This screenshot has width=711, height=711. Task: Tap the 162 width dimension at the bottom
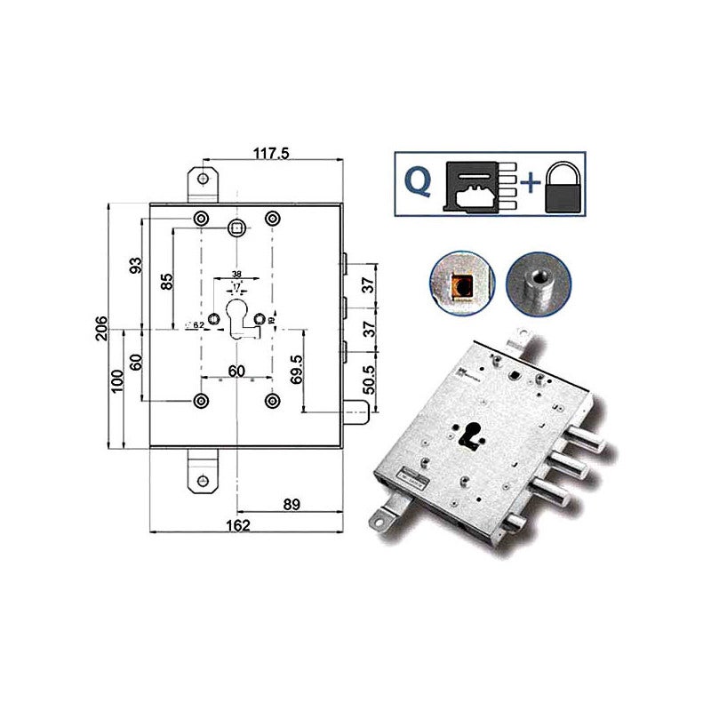point(237,524)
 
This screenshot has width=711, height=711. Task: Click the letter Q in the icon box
point(419,181)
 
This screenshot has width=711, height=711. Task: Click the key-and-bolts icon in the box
point(477,184)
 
